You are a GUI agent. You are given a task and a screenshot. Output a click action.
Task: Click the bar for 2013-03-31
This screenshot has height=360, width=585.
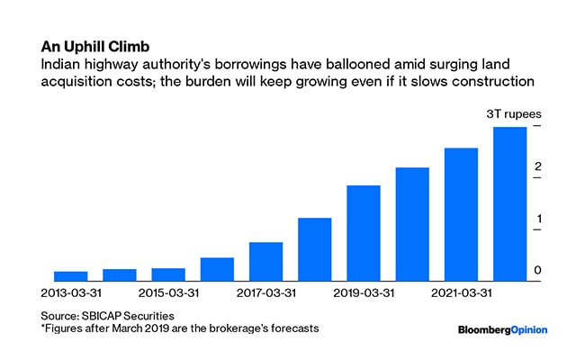(70, 276)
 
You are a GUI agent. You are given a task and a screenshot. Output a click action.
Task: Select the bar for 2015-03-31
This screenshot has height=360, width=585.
(168, 274)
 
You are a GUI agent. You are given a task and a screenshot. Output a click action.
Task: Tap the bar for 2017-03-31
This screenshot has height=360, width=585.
(265, 261)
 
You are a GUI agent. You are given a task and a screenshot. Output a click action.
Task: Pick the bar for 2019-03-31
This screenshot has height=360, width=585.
(364, 233)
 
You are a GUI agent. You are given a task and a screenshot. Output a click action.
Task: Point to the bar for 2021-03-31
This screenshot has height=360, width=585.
(461, 214)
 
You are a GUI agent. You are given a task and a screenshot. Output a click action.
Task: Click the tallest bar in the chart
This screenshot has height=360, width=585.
(509, 204)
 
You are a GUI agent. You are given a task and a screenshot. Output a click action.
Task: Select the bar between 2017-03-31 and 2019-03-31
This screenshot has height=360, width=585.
(315, 249)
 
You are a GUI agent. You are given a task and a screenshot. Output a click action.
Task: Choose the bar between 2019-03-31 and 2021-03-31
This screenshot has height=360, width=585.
(412, 224)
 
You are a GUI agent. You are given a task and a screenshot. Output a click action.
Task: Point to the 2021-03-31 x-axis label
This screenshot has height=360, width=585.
(461, 293)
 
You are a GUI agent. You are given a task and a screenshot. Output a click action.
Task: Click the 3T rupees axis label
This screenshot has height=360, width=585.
(509, 114)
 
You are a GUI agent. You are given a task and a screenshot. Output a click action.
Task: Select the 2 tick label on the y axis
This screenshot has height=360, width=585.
(536, 167)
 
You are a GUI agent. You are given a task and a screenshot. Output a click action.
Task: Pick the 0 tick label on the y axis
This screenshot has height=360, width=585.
(536, 271)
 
